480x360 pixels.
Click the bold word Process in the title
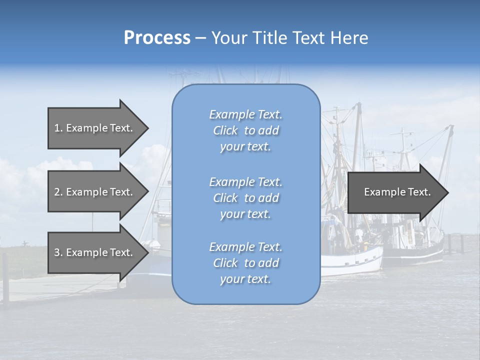[x=157, y=38]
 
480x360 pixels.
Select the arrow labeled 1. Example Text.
[x=94, y=128]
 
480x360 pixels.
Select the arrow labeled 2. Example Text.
[x=94, y=192]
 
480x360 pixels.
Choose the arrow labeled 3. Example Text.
[x=94, y=252]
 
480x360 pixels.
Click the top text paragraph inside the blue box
[x=246, y=130]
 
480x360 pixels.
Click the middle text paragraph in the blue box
[x=246, y=198]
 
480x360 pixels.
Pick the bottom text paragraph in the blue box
[x=246, y=263]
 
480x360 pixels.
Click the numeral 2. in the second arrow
[x=58, y=192]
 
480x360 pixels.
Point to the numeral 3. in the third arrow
[x=58, y=252]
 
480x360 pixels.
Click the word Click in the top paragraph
[x=225, y=130]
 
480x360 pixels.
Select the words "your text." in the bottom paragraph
[x=245, y=279]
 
